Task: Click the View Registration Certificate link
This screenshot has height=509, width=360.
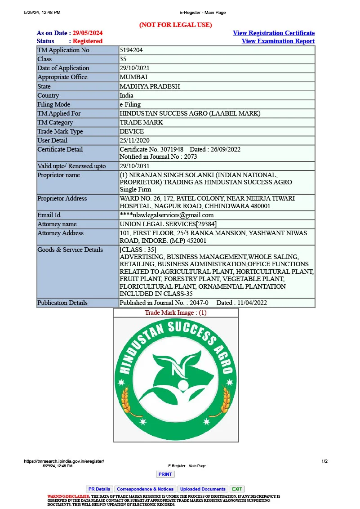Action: (273, 33)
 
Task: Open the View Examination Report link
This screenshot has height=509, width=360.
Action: (278, 41)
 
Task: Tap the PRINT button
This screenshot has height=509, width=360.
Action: (165, 474)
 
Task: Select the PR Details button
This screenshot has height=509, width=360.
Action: (99, 489)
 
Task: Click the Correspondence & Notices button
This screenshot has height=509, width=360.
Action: (145, 489)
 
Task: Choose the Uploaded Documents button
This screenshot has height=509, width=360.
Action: (203, 489)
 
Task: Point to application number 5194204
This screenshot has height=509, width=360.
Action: (131, 50)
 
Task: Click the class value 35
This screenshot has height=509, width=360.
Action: (124, 59)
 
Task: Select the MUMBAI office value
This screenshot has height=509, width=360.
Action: (133, 77)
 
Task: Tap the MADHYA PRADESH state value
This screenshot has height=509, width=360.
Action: (149, 86)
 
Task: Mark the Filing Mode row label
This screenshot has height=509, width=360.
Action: (53, 104)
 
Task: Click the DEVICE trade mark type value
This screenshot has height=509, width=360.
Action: (132, 131)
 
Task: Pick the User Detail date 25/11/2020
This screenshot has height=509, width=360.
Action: (134, 140)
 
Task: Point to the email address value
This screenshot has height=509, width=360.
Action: (166, 215)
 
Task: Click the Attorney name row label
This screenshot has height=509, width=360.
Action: (57, 224)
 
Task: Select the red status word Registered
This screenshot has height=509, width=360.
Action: (88, 41)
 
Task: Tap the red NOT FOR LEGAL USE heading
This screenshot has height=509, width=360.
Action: (175, 25)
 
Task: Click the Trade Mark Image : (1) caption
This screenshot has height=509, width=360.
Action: (175, 313)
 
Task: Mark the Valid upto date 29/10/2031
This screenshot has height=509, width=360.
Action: (134, 166)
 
